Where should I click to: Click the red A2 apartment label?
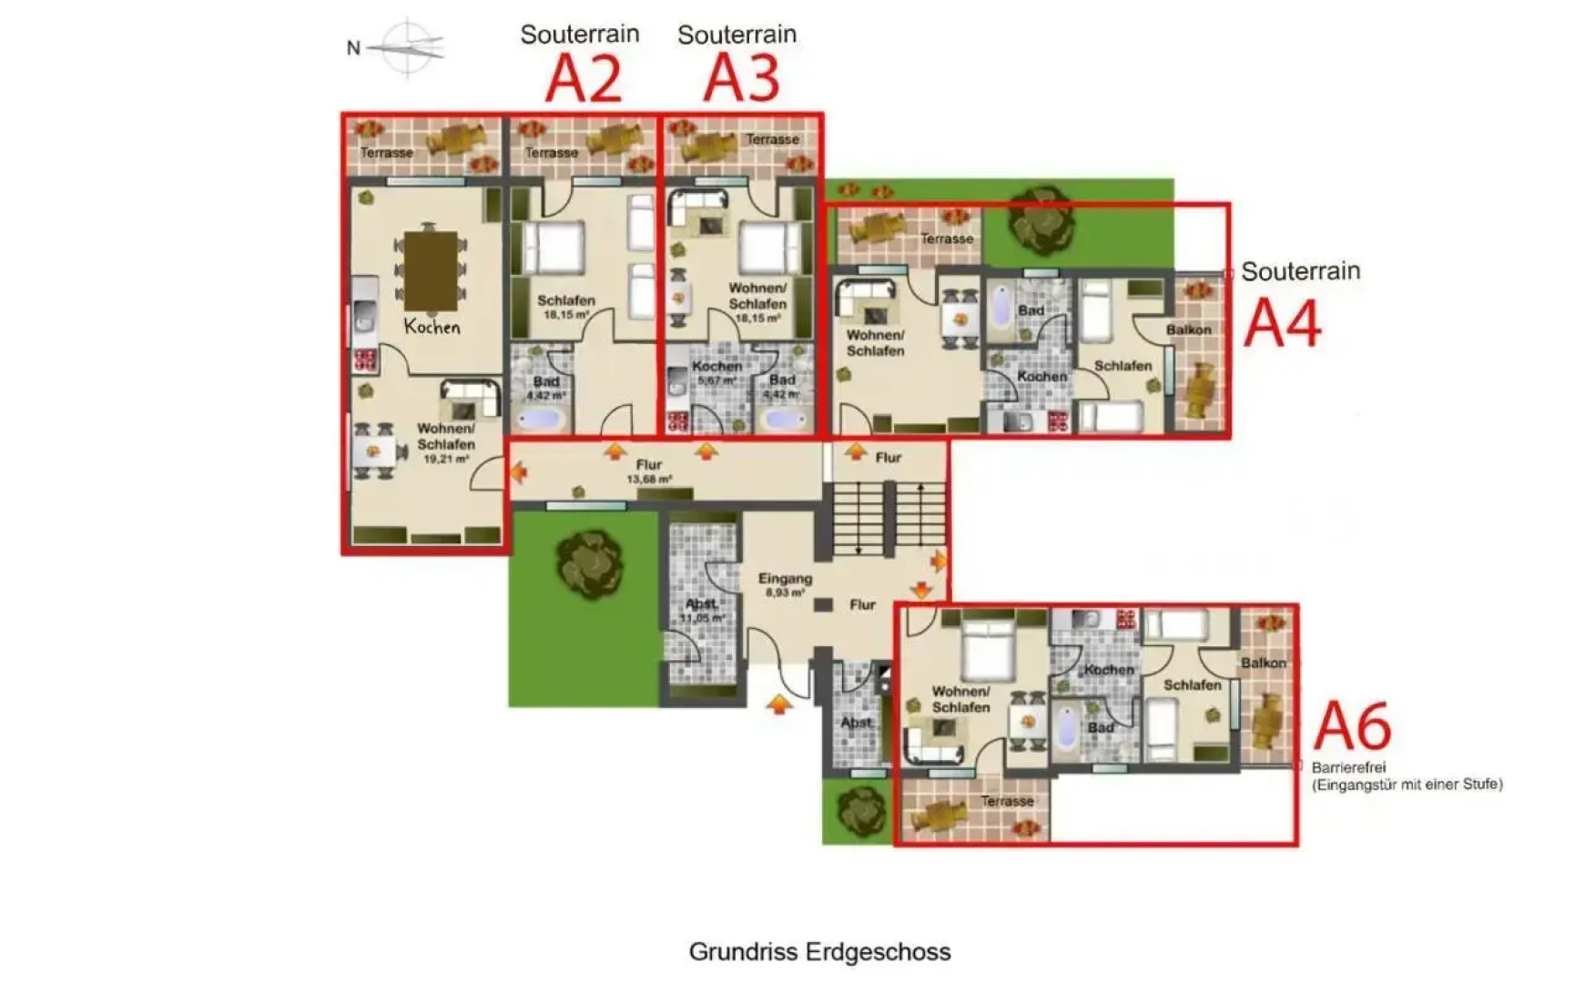(584, 79)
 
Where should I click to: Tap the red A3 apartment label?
(742, 78)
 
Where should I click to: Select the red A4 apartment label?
(1282, 323)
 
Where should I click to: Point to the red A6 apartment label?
(1353, 725)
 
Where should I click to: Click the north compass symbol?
(409, 46)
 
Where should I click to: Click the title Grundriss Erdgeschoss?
(819, 951)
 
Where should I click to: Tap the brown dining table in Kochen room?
(431, 270)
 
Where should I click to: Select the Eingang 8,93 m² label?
(785, 584)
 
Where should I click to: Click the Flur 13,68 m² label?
(649, 471)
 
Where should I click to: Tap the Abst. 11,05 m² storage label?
(702, 610)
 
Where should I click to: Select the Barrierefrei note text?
(1406, 775)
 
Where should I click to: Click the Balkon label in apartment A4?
(1188, 329)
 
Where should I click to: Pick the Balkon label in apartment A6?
(1263, 663)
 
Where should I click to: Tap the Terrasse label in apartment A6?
(1007, 801)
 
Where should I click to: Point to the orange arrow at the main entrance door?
(778, 703)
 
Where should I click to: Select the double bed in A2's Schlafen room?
(552, 248)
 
